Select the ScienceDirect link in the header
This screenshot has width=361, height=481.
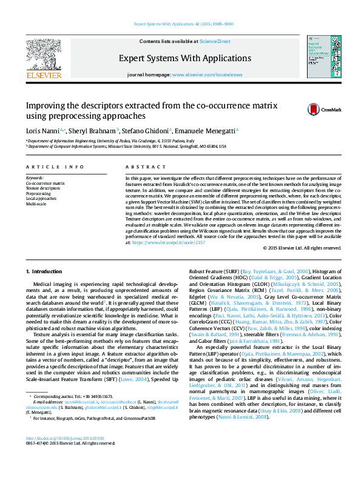pos(215,41)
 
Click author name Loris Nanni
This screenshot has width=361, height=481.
pos(41,130)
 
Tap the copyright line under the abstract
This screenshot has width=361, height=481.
pos(302,248)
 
